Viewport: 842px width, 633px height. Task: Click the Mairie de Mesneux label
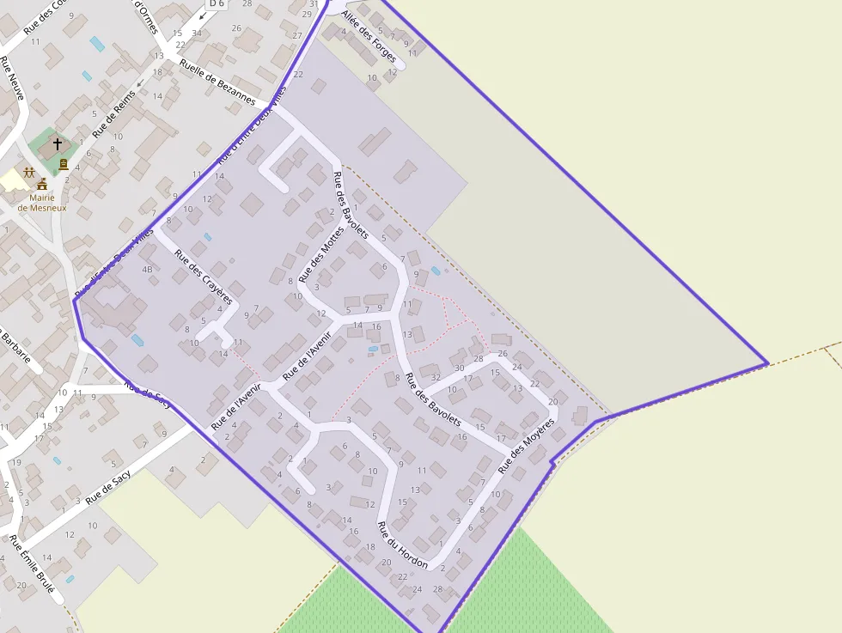(41, 203)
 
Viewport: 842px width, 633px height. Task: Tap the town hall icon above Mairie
(41, 184)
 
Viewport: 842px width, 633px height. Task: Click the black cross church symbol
(58, 144)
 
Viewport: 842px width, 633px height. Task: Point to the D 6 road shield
(215, 4)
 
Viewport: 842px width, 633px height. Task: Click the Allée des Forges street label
(369, 38)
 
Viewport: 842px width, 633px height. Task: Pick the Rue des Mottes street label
(320, 255)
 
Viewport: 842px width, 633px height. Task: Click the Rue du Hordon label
(403, 538)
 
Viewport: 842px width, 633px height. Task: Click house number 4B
(147, 270)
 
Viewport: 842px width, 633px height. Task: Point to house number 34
(197, 33)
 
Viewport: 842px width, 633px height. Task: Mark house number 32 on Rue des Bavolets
(436, 377)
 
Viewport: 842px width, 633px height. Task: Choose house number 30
(459, 368)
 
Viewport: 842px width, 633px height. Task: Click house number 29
(307, 15)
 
